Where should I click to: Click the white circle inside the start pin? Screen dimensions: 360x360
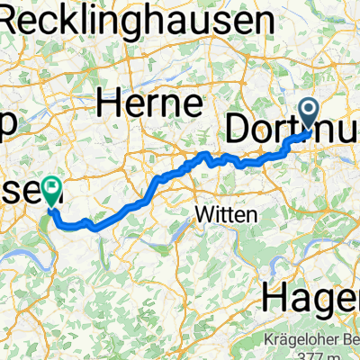310,110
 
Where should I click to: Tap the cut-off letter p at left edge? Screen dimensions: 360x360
6,128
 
